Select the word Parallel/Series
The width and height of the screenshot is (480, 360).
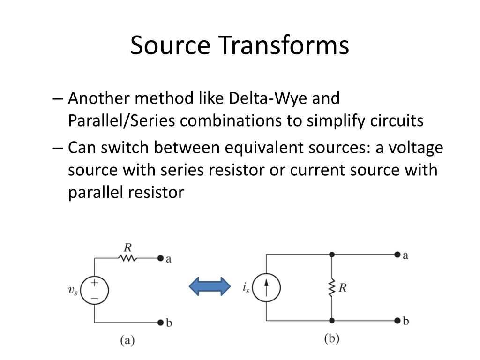pos(122,121)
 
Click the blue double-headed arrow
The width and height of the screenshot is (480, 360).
pos(210,286)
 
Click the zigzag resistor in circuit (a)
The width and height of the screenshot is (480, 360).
pos(127,258)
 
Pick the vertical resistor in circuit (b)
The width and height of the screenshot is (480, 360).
pos(332,288)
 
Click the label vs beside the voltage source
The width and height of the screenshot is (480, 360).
pos(73,290)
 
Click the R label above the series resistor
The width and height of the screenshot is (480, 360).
pos(127,247)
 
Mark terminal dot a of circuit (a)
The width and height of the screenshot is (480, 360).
pos(160,258)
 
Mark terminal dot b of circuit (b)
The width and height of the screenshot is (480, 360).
pos(397,321)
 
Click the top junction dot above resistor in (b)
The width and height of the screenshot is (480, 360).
pos(332,255)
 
